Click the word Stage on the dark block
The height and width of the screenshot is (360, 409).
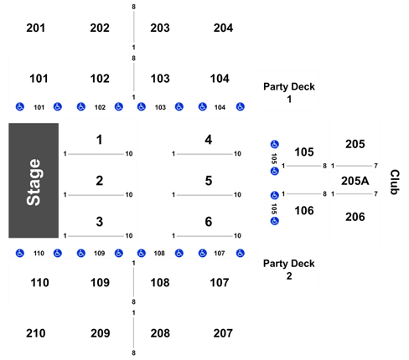(x=34, y=182)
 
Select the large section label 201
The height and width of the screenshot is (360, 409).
(x=36, y=28)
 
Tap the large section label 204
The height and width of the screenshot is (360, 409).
(x=223, y=28)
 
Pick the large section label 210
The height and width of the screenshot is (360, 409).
(x=36, y=333)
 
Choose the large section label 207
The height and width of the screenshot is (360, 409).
(x=223, y=333)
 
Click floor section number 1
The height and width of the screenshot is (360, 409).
(x=100, y=140)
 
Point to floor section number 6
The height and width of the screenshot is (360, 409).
(x=209, y=222)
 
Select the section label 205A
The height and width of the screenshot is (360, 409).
(x=355, y=181)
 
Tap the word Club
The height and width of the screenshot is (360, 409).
(x=395, y=182)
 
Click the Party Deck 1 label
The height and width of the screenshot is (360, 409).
(x=289, y=93)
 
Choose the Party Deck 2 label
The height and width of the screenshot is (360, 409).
(x=289, y=270)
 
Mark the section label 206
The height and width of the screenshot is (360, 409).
(x=355, y=217)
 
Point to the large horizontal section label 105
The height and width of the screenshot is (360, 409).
(x=304, y=152)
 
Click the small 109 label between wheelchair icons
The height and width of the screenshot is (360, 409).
(x=99, y=253)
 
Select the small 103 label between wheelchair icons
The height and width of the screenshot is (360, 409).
(x=160, y=107)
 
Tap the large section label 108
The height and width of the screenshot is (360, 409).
(x=160, y=283)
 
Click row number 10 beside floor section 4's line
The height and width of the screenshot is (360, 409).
(x=237, y=153)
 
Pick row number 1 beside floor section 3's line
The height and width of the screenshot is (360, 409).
(x=65, y=236)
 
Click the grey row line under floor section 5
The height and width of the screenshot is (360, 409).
(x=205, y=195)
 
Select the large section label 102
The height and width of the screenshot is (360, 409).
(x=100, y=79)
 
